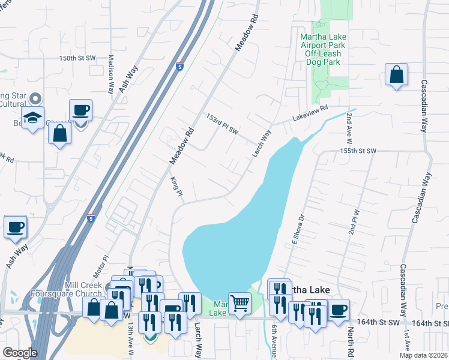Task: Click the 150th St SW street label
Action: pyautogui.click(x=77, y=58)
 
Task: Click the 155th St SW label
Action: pyautogui.click(x=357, y=151)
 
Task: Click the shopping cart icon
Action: pyautogui.click(x=240, y=302)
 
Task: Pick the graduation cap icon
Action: pyautogui.click(x=32, y=116)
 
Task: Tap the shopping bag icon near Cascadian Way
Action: pyautogui.click(x=397, y=75)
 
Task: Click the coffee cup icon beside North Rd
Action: pyautogui.click(x=339, y=310)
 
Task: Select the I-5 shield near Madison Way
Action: pyautogui.click(x=180, y=66)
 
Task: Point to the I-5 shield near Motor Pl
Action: pyautogui.click(x=90, y=218)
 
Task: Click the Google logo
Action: pyautogui.click(x=20, y=352)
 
